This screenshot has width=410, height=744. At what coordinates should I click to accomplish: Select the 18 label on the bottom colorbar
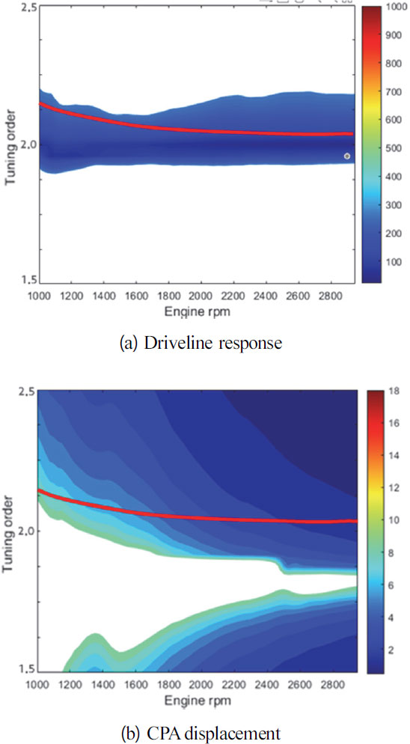389,390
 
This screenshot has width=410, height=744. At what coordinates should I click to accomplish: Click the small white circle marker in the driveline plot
347,156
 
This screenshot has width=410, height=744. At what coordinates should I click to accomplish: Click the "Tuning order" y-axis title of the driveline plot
10,144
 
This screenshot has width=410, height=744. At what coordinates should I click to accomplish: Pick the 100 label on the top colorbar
393,262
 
